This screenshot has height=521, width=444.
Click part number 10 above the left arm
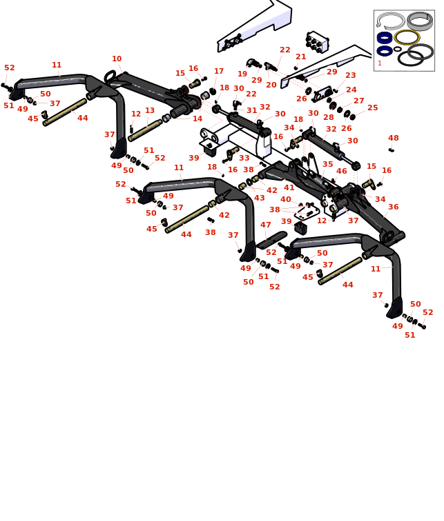pos(117,59)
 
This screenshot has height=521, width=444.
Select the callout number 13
pos(150,111)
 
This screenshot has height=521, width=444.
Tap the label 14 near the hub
pos(197,119)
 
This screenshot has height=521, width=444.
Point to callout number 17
pos(219,72)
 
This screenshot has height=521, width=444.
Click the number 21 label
pos(301,57)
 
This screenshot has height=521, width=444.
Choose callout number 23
pos(351,76)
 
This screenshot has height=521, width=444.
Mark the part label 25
pos(373,108)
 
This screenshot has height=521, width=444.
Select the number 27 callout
pos(359,101)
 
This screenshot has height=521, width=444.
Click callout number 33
pos(244,159)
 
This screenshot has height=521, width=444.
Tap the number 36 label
pos(394,207)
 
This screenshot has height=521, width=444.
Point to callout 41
pos(289,187)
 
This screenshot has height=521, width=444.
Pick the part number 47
pos(266,225)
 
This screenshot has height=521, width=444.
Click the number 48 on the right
pos(394,139)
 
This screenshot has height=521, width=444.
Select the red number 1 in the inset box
pos(380,63)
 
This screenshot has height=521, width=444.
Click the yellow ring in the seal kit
pos(407,37)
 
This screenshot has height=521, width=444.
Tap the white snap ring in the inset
pos(391,21)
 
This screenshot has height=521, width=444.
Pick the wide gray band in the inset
pos(420,20)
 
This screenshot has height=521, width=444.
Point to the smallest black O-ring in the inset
pos(398,50)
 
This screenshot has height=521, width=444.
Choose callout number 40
pos(286,200)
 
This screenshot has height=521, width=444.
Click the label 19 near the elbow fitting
pos(242,74)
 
